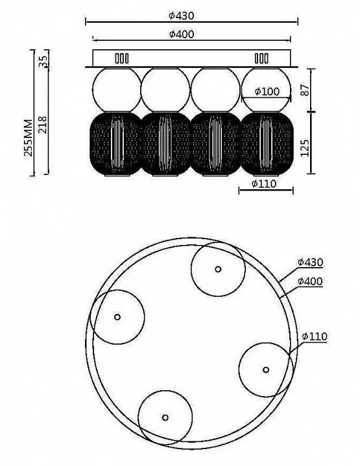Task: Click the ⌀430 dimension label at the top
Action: [x=181, y=16]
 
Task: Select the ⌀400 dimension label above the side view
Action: [x=182, y=34]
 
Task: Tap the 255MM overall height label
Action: [x=29, y=137]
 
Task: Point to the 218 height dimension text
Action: [x=43, y=124]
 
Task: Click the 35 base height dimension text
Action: [x=43, y=62]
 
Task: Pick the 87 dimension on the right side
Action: [x=305, y=89]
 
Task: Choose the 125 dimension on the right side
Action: [x=305, y=148]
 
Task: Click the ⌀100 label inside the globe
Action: [x=267, y=91]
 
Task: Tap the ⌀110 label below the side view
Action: [x=264, y=183]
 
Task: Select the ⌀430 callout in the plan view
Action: [x=310, y=262]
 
